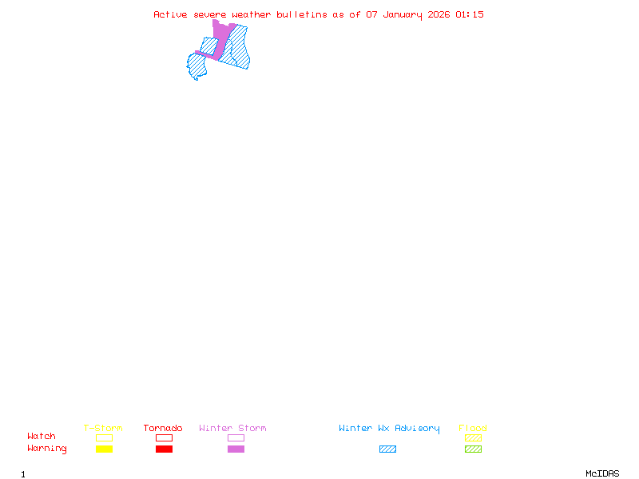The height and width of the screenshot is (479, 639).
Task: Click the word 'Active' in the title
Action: (171, 14)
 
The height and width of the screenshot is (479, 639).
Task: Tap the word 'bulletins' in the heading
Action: (302, 14)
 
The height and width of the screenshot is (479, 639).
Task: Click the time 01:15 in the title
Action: (470, 14)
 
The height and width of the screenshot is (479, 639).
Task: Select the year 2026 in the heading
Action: (439, 14)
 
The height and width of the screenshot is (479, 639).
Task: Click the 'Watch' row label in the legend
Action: (42, 437)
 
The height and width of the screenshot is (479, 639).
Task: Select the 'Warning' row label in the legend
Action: (47, 449)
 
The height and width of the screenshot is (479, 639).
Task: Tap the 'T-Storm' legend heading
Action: (103, 429)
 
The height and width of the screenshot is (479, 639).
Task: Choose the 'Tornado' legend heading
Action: (163, 429)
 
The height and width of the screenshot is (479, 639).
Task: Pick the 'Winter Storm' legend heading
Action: (232, 429)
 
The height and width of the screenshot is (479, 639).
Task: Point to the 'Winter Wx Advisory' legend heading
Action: (389, 429)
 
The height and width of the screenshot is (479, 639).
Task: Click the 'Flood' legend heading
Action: (473, 429)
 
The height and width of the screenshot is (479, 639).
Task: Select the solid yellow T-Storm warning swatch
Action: (104, 449)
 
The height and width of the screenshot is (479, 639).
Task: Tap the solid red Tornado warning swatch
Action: (164, 449)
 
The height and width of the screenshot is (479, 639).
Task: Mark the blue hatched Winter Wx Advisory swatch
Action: (387, 449)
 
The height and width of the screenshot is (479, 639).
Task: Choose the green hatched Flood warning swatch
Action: (473, 449)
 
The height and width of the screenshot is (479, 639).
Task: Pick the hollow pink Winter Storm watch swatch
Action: (236, 437)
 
